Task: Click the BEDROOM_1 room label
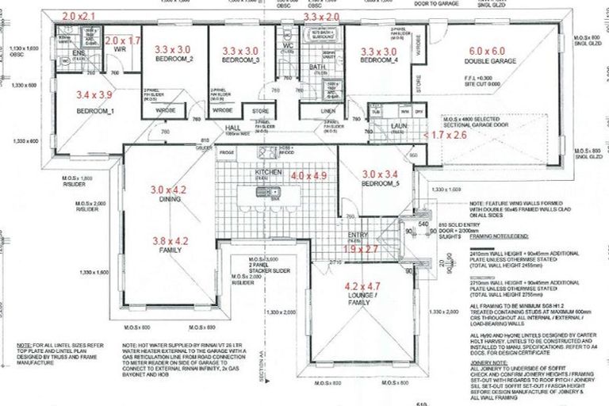coord(95,110)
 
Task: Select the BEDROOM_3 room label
coord(240,61)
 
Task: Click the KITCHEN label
coord(265,172)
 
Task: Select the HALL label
coord(232,126)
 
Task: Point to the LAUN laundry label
coord(399,124)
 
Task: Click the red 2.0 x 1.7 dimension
coord(122,40)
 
